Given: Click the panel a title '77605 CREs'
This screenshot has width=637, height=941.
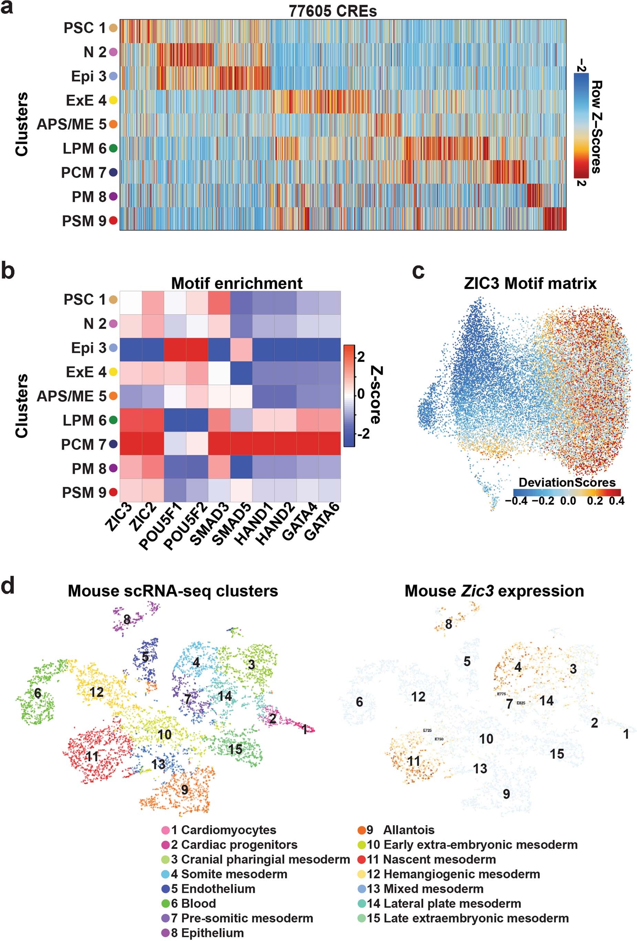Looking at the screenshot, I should point(332,11).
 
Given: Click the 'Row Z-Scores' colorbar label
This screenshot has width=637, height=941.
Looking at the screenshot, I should point(596,127).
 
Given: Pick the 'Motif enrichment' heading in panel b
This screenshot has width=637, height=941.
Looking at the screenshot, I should point(236,283).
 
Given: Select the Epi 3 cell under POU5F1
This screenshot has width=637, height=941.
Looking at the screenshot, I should point(175,348).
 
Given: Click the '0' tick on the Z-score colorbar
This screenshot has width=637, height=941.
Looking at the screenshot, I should point(361,394).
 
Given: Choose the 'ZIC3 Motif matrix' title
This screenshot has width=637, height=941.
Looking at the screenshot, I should point(530,283).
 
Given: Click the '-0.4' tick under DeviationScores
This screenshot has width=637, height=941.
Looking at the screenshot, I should point(516,501).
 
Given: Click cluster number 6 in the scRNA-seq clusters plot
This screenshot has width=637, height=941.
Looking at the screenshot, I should point(38,693).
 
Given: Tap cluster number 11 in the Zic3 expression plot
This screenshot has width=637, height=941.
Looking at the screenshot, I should point(413,761).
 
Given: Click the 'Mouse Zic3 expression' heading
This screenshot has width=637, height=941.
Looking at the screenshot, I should point(494,591).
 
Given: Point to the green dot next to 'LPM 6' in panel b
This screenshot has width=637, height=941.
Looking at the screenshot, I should point(113,420).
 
